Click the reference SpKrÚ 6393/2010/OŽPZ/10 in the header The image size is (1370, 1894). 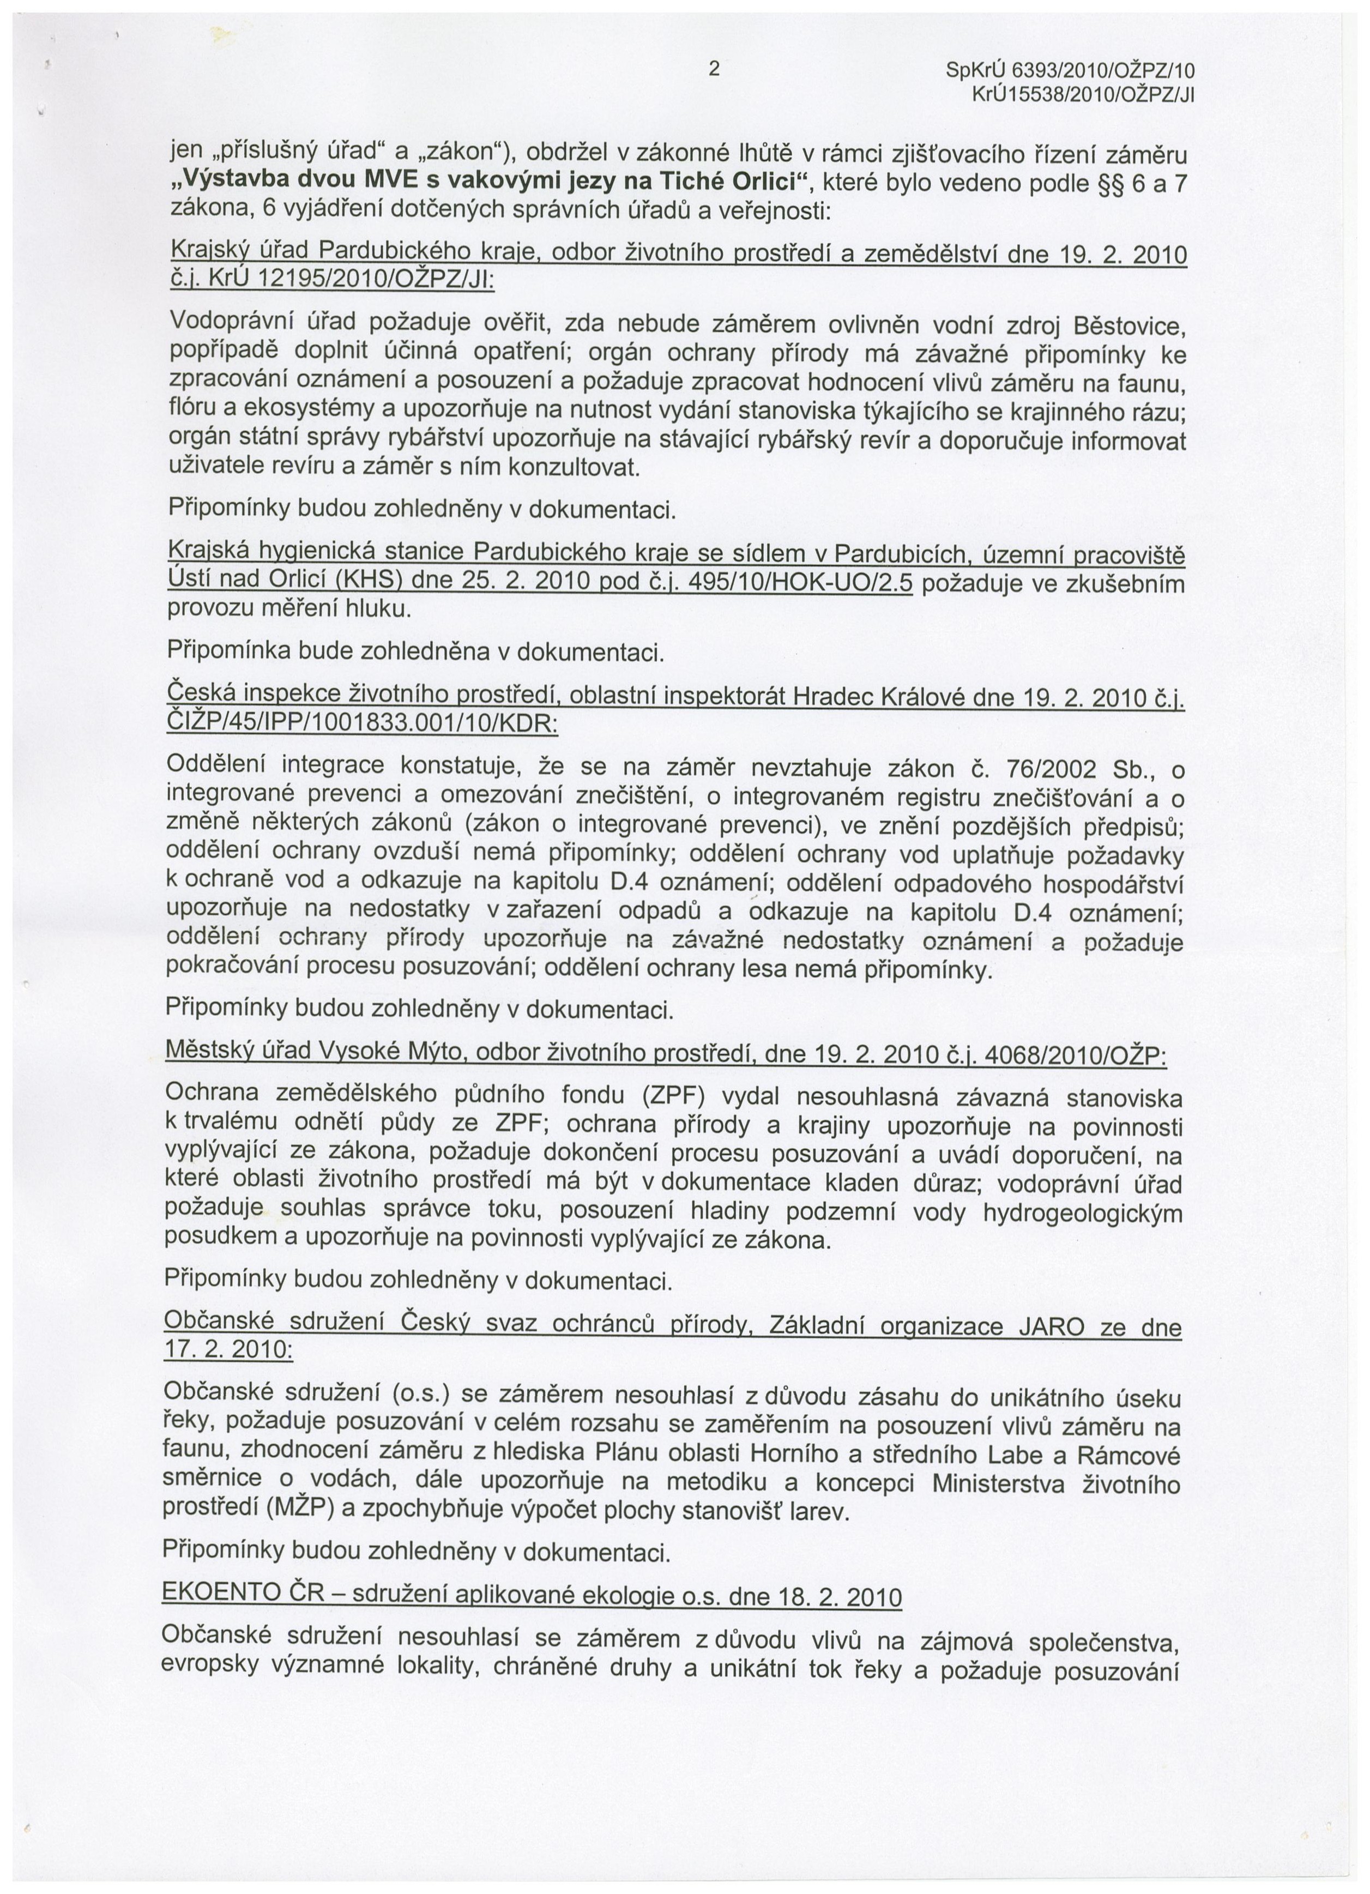[1072, 73]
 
